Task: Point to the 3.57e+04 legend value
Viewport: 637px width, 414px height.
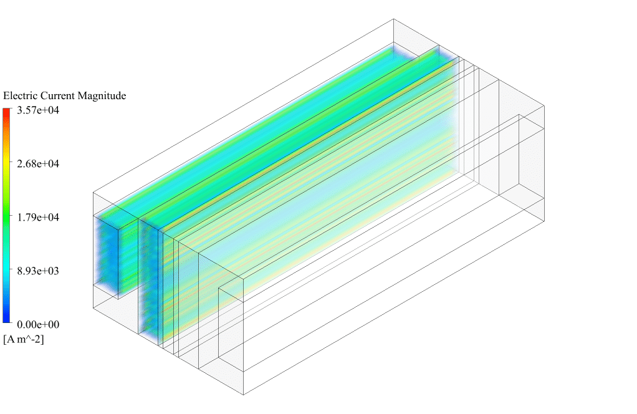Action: point(38,110)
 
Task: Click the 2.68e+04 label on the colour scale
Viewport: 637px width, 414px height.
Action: point(38,164)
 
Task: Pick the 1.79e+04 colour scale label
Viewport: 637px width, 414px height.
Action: point(38,218)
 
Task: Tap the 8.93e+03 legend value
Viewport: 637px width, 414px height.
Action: point(38,271)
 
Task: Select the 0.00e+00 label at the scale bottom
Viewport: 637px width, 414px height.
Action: point(38,324)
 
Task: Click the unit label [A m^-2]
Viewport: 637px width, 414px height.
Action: point(24,339)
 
